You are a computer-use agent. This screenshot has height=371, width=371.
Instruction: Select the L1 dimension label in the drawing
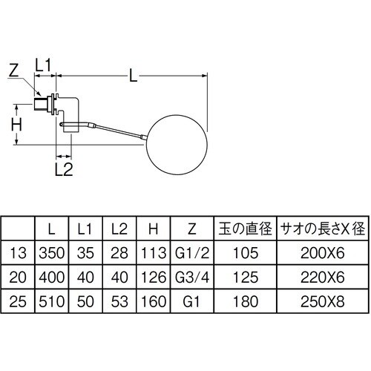(x=45, y=66)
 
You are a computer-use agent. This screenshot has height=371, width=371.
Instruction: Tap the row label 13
(x=20, y=253)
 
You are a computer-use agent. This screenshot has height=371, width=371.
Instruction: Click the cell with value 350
(x=52, y=253)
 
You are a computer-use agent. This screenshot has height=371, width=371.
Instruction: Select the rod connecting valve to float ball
(x=111, y=131)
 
